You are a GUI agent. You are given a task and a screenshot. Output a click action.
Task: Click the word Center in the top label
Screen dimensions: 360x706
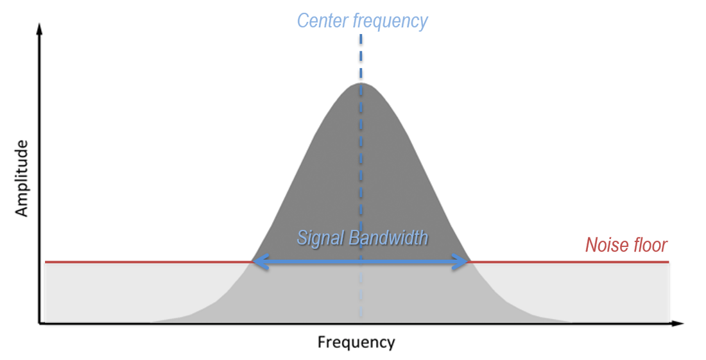pyautogui.click(x=323, y=21)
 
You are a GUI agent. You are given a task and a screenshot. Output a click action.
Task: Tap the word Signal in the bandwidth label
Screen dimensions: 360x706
pyautogui.click(x=320, y=239)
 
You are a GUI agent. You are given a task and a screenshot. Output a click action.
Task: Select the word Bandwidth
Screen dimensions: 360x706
pyautogui.click(x=388, y=239)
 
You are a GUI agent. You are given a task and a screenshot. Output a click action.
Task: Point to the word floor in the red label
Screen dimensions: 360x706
pyautogui.click(x=650, y=244)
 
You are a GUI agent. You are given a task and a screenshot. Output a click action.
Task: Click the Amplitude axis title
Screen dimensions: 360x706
pyautogui.click(x=22, y=178)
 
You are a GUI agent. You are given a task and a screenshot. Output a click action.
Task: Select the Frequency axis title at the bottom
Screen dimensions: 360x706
pyautogui.click(x=356, y=342)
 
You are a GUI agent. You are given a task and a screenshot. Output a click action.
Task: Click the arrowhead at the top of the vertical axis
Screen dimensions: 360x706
pyautogui.click(x=40, y=28)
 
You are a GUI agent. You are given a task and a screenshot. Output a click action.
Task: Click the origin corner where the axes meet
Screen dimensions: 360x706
pyautogui.click(x=40, y=323)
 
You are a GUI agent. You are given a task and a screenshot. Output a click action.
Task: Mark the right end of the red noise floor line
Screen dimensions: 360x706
pyautogui.click(x=669, y=262)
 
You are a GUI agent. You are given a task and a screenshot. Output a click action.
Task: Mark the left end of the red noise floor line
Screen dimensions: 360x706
pyautogui.click(x=45, y=262)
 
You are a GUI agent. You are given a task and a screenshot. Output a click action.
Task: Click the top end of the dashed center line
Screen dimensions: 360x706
pyautogui.click(x=361, y=36)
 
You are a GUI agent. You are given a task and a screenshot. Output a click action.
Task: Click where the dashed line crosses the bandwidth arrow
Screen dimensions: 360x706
pyautogui.click(x=361, y=262)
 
